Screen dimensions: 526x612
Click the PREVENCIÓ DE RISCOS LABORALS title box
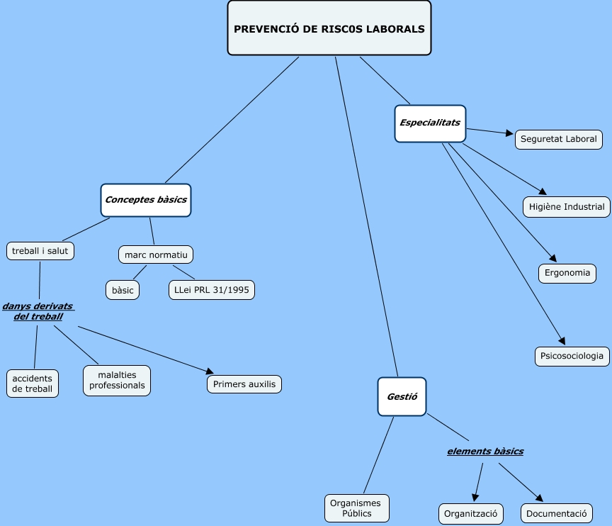click(x=329, y=28)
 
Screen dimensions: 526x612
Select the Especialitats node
click(x=430, y=123)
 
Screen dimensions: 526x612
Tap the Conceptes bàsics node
click(x=146, y=200)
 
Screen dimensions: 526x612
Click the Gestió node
click(x=402, y=396)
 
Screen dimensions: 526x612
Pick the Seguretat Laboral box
click(x=559, y=139)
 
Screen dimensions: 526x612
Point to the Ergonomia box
click(x=567, y=273)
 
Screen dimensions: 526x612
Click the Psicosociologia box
click(x=572, y=356)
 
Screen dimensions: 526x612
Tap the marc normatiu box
click(x=156, y=254)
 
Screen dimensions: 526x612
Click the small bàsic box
click(x=123, y=290)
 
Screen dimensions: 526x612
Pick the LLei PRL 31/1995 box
click(x=211, y=290)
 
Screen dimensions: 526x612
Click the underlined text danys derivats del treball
click(x=38, y=311)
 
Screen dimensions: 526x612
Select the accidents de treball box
click(x=33, y=384)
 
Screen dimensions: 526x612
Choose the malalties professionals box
click(x=117, y=381)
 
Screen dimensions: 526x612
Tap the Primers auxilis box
click(x=244, y=384)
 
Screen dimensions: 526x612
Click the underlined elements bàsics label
click(x=485, y=451)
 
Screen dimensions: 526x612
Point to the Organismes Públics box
click(x=357, y=508)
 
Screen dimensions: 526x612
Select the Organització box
click(x=470, y=513)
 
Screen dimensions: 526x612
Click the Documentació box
click(x=557, y=513)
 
